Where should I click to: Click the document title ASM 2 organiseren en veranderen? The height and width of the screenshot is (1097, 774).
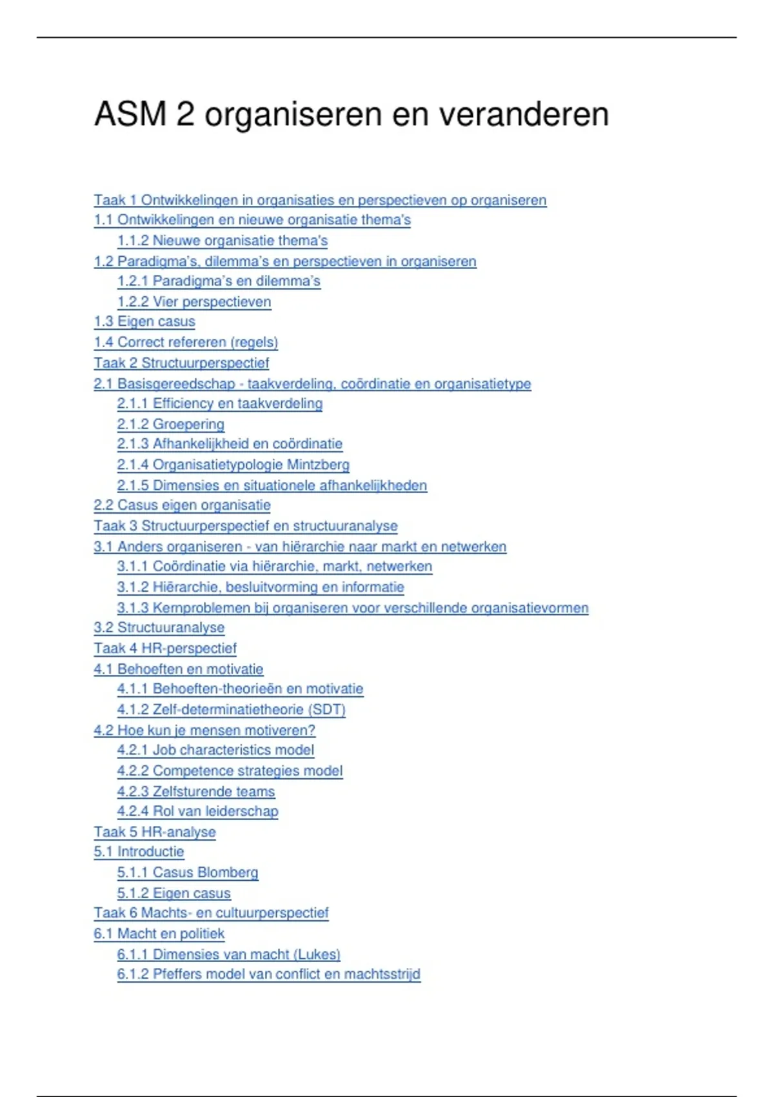352,114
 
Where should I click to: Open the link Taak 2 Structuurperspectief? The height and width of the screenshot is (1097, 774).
181,363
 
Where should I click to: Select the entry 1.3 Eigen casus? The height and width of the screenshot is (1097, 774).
144,321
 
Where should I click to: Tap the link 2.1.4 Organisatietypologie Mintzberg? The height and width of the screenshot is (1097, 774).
233,465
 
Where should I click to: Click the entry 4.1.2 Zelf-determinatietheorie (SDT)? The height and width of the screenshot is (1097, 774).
231,709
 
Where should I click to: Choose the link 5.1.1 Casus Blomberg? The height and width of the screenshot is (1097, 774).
187,872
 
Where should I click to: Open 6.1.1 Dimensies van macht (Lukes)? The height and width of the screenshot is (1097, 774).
228,954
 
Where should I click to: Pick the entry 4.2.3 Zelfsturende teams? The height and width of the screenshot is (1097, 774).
195,791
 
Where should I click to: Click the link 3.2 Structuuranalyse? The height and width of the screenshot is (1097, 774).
159,627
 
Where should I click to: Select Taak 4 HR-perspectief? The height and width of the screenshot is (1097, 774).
165,648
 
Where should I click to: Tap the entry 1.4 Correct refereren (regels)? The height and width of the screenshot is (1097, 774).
186,342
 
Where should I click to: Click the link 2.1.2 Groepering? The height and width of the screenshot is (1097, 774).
170,424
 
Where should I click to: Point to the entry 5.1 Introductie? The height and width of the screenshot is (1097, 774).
139,852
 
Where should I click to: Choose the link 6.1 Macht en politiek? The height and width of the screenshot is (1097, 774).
159,933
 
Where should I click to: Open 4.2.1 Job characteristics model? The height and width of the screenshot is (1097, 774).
215,750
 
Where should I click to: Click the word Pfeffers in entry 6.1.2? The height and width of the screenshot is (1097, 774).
176,974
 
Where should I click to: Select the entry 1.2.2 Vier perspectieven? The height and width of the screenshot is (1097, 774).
193,301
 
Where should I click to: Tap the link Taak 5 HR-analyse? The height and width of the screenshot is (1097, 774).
155,832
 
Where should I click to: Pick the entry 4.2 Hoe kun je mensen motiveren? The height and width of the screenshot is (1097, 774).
204,730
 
